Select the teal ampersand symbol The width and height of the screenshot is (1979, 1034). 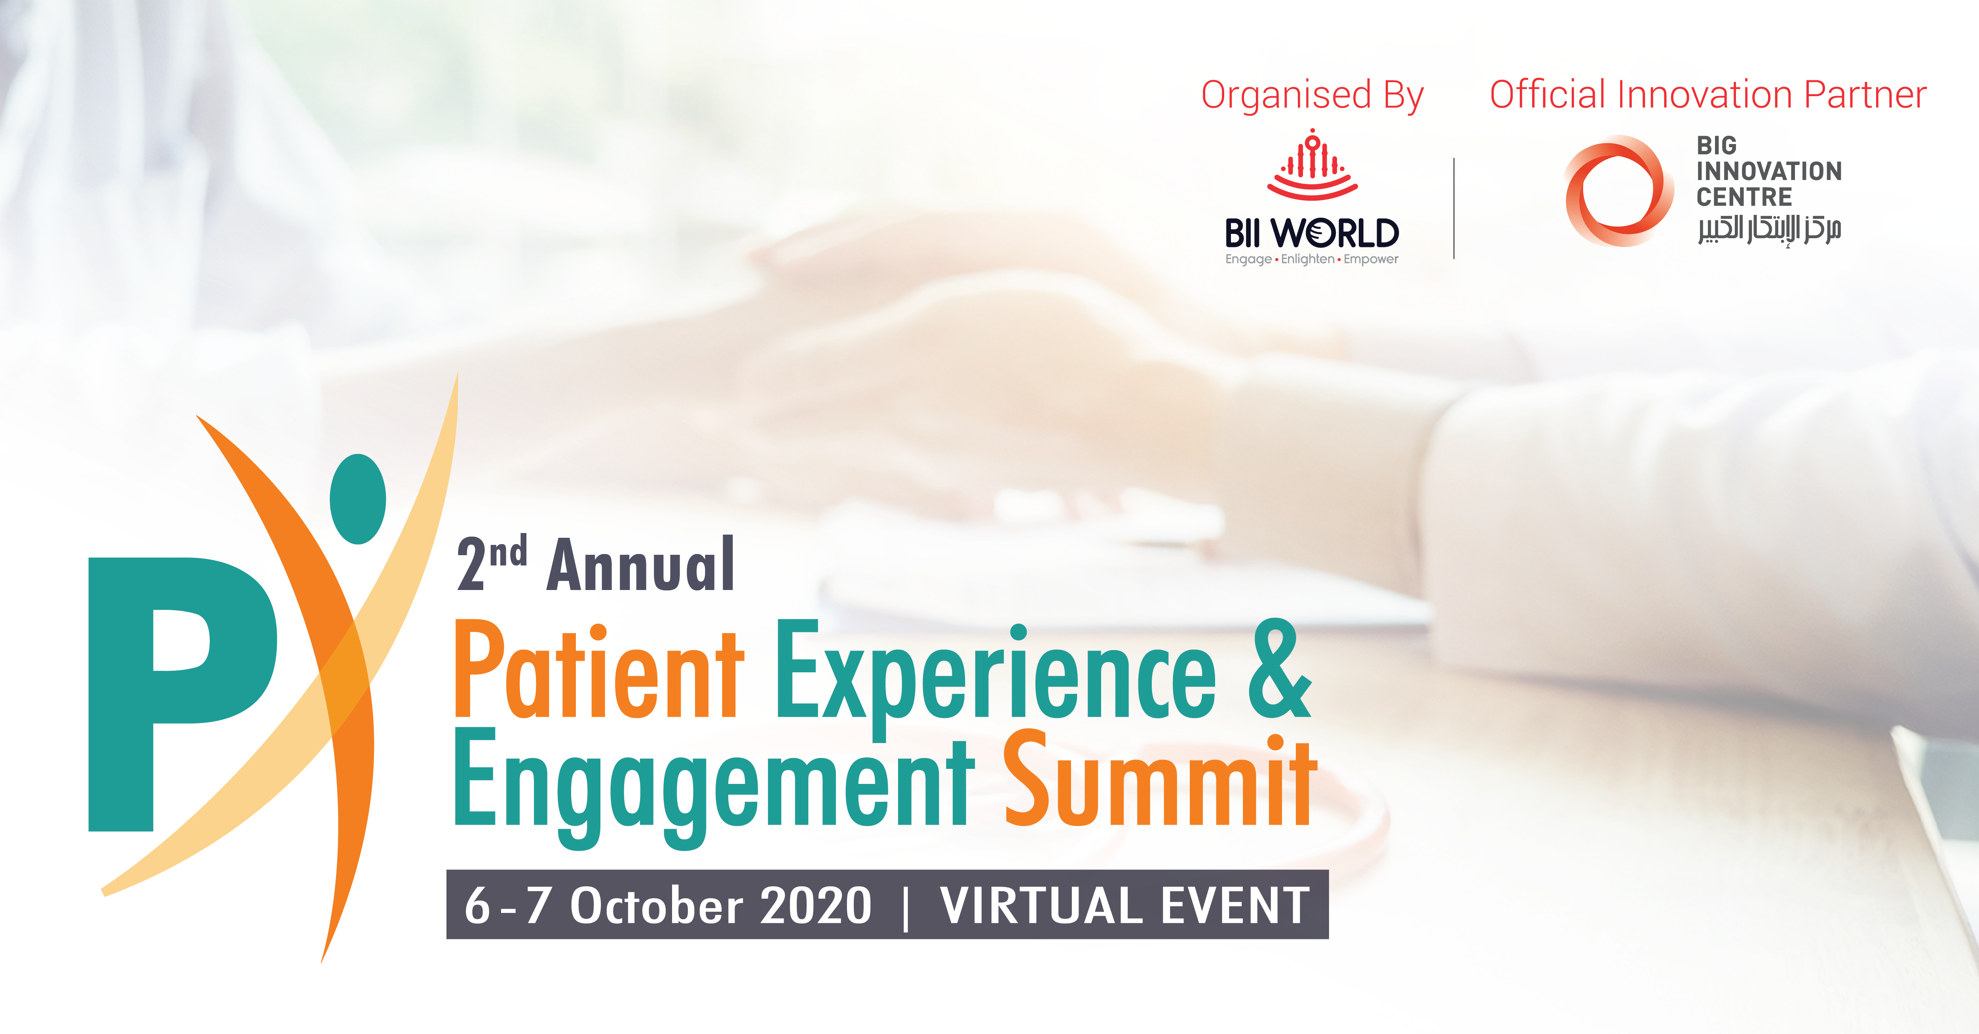(x=1279, y=668)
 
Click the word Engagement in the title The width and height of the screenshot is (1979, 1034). (x=714, y=787)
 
